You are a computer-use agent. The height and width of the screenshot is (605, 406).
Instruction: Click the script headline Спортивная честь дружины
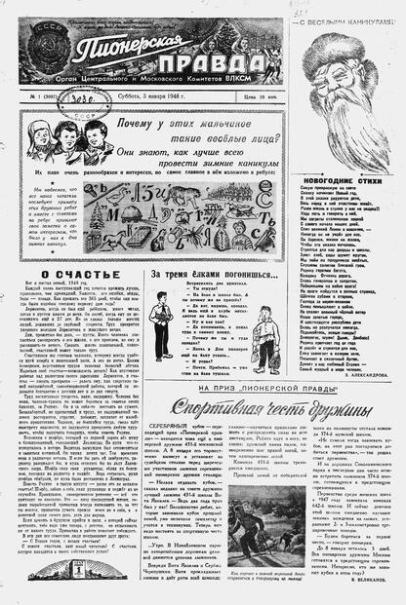(x=258, y=405)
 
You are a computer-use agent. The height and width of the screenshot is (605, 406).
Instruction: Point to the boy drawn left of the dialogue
(x=159, y=325)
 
